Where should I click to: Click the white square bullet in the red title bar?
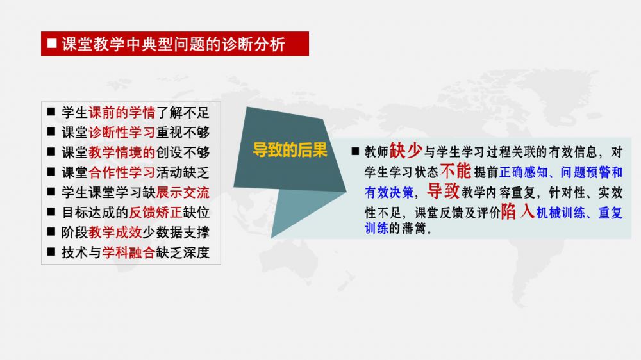pos(52,44)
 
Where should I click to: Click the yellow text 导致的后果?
pos(290,150)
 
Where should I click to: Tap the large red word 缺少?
pos(406,151)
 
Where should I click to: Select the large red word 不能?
pos(456,170)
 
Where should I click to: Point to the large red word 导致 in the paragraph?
pos(444,190)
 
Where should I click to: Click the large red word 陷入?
pos(518,211)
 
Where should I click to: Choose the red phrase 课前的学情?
pos(122,112)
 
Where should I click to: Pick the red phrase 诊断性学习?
pos(122,133)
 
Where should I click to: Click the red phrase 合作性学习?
pos(122,172)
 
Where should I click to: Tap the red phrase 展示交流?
pos(183,192)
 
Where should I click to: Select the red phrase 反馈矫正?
pos(156,213)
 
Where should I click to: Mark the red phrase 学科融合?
pos(129,252)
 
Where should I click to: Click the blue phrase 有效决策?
pos(389,192)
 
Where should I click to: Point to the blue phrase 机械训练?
pos(560,213)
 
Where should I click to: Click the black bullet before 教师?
pos(355,151)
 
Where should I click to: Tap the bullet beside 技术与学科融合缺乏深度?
pos(51,252)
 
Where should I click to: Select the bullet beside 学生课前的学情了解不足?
pos(51,111)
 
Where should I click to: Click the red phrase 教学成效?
pos(115,233)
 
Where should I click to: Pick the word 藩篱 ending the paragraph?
pos(413,229)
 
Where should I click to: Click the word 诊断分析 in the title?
pos(253,44)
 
